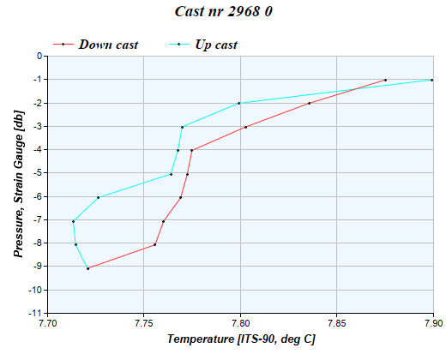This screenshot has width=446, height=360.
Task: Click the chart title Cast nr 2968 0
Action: [x=224, y=12]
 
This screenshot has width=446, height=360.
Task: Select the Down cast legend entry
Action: [x=108, y=44]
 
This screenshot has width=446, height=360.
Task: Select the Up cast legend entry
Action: [x=216, y=44]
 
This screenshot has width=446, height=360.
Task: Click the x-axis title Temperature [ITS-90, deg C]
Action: [x=241, y=340]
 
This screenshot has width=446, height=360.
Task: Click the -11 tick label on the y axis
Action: [x=35, y=314]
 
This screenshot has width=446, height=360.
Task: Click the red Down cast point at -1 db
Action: [x=385, y=80]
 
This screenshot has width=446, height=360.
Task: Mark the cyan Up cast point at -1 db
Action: [x=431, y=80]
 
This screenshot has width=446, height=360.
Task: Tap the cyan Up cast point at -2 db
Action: [x=239, y=103]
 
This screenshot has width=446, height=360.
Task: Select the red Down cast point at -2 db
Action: [x=309, y=103]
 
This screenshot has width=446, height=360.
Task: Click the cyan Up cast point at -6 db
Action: [x=99, y=197]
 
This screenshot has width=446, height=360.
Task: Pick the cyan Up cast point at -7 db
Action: [x=73, y=221]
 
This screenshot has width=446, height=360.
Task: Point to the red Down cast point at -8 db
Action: [x=154, y=244]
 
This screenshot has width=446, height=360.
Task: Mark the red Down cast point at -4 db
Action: [x=191, y=150]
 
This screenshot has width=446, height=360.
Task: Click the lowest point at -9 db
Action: [x=87, y=268]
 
